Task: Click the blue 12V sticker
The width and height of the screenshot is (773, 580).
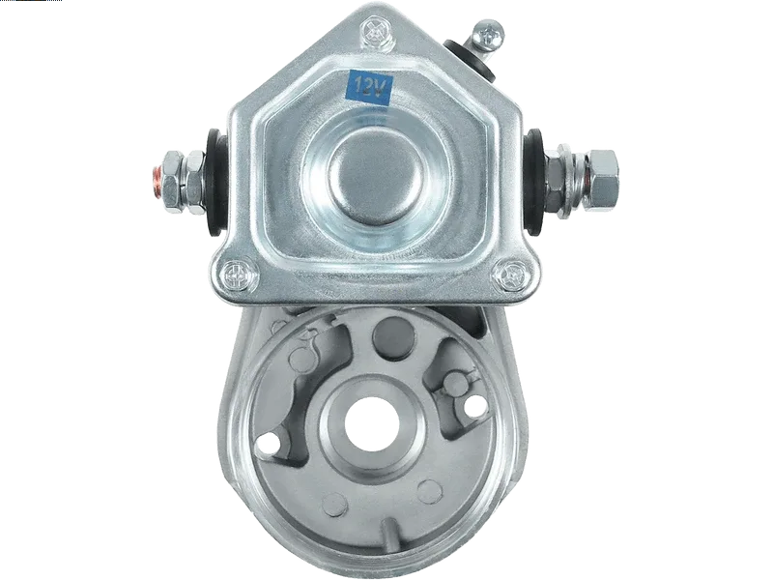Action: click(x=370, y=87)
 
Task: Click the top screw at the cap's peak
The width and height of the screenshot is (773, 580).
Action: click(x=375, y=33)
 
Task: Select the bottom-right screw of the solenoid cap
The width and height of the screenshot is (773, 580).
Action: click(x=513, y=274)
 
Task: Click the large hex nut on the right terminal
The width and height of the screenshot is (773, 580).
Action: click(x=601, y=178)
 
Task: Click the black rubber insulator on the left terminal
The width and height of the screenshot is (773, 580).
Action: click(x=216, y=182)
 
